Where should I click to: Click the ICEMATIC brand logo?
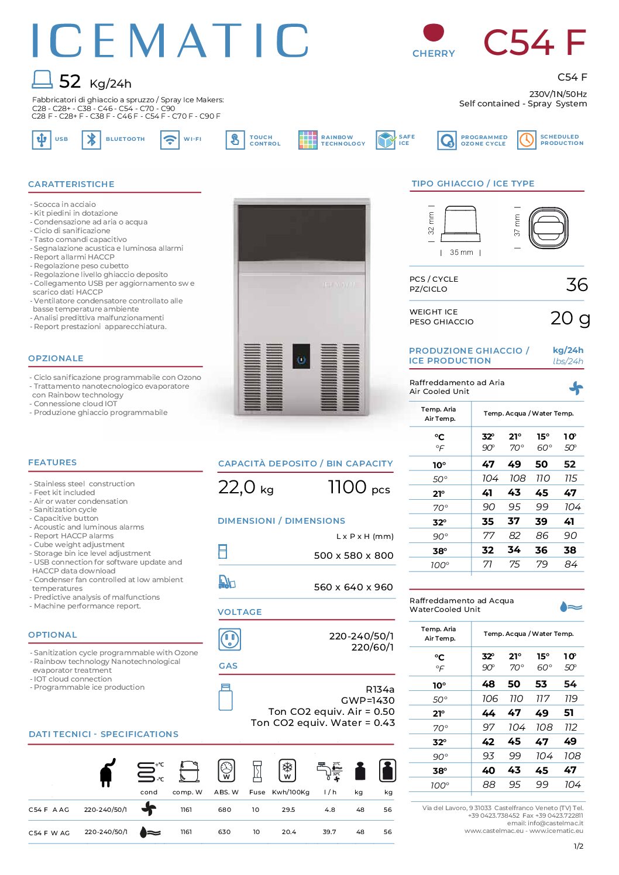170,40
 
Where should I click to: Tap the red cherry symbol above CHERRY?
434,32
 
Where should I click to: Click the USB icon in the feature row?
42,140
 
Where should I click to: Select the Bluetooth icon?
91,140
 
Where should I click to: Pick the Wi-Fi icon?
170,140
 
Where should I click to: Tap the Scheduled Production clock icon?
527,140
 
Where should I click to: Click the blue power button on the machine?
301,359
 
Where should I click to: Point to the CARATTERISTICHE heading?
71,184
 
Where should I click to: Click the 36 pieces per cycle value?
576,285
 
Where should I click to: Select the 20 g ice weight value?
570,318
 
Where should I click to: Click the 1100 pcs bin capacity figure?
358,487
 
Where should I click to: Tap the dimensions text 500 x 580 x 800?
353,555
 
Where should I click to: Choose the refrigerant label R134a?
380,689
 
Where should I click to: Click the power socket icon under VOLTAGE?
229,639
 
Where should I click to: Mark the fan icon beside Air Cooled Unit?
576,388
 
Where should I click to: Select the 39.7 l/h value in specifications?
329,832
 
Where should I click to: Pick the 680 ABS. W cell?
225,810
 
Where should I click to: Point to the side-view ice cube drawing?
460,224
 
